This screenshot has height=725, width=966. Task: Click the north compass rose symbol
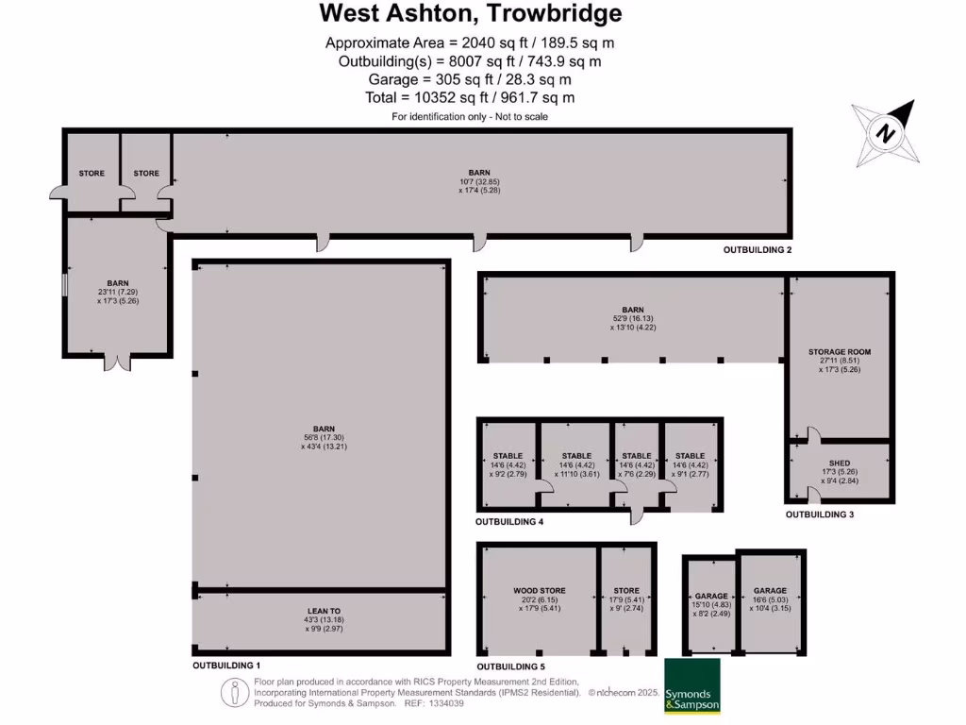pyautogui.click(x=886, y=133)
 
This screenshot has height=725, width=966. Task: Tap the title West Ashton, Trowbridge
pyautogui.click(x=471, y=13)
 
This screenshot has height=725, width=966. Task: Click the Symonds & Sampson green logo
pyautogui.click(x=692, y=685)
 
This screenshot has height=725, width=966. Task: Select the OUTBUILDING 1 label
pyautogui.click(x=226, y=666)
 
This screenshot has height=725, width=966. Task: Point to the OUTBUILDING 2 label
pyautogui.click(x=758, y=250)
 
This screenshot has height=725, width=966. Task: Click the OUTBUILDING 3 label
pyautogui.click(x=820, y=514)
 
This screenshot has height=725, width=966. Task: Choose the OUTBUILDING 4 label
pyautogui.click(x=509, y=522)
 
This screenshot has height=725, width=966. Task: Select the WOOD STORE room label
pyautogui.click(x=539, y=589)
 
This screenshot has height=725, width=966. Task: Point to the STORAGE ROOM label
pyautogui.click(x=839, y=352)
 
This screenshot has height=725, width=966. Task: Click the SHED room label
pyautogui.click(x=839, y=464)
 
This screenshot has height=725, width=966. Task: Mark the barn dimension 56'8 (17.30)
pyautogui.click(x=318, y=438)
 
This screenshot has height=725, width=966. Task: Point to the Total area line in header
pyautogui.click(x=470, y=97)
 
